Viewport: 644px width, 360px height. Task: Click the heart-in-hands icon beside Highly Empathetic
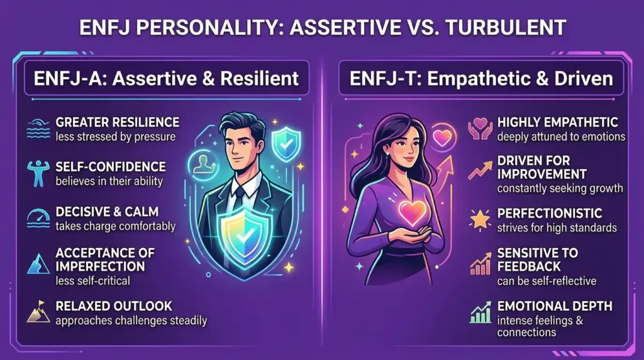479,129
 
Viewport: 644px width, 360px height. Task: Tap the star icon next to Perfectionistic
479,219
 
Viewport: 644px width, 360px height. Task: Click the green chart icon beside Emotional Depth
479,312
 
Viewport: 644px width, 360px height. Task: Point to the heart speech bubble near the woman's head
443,138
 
